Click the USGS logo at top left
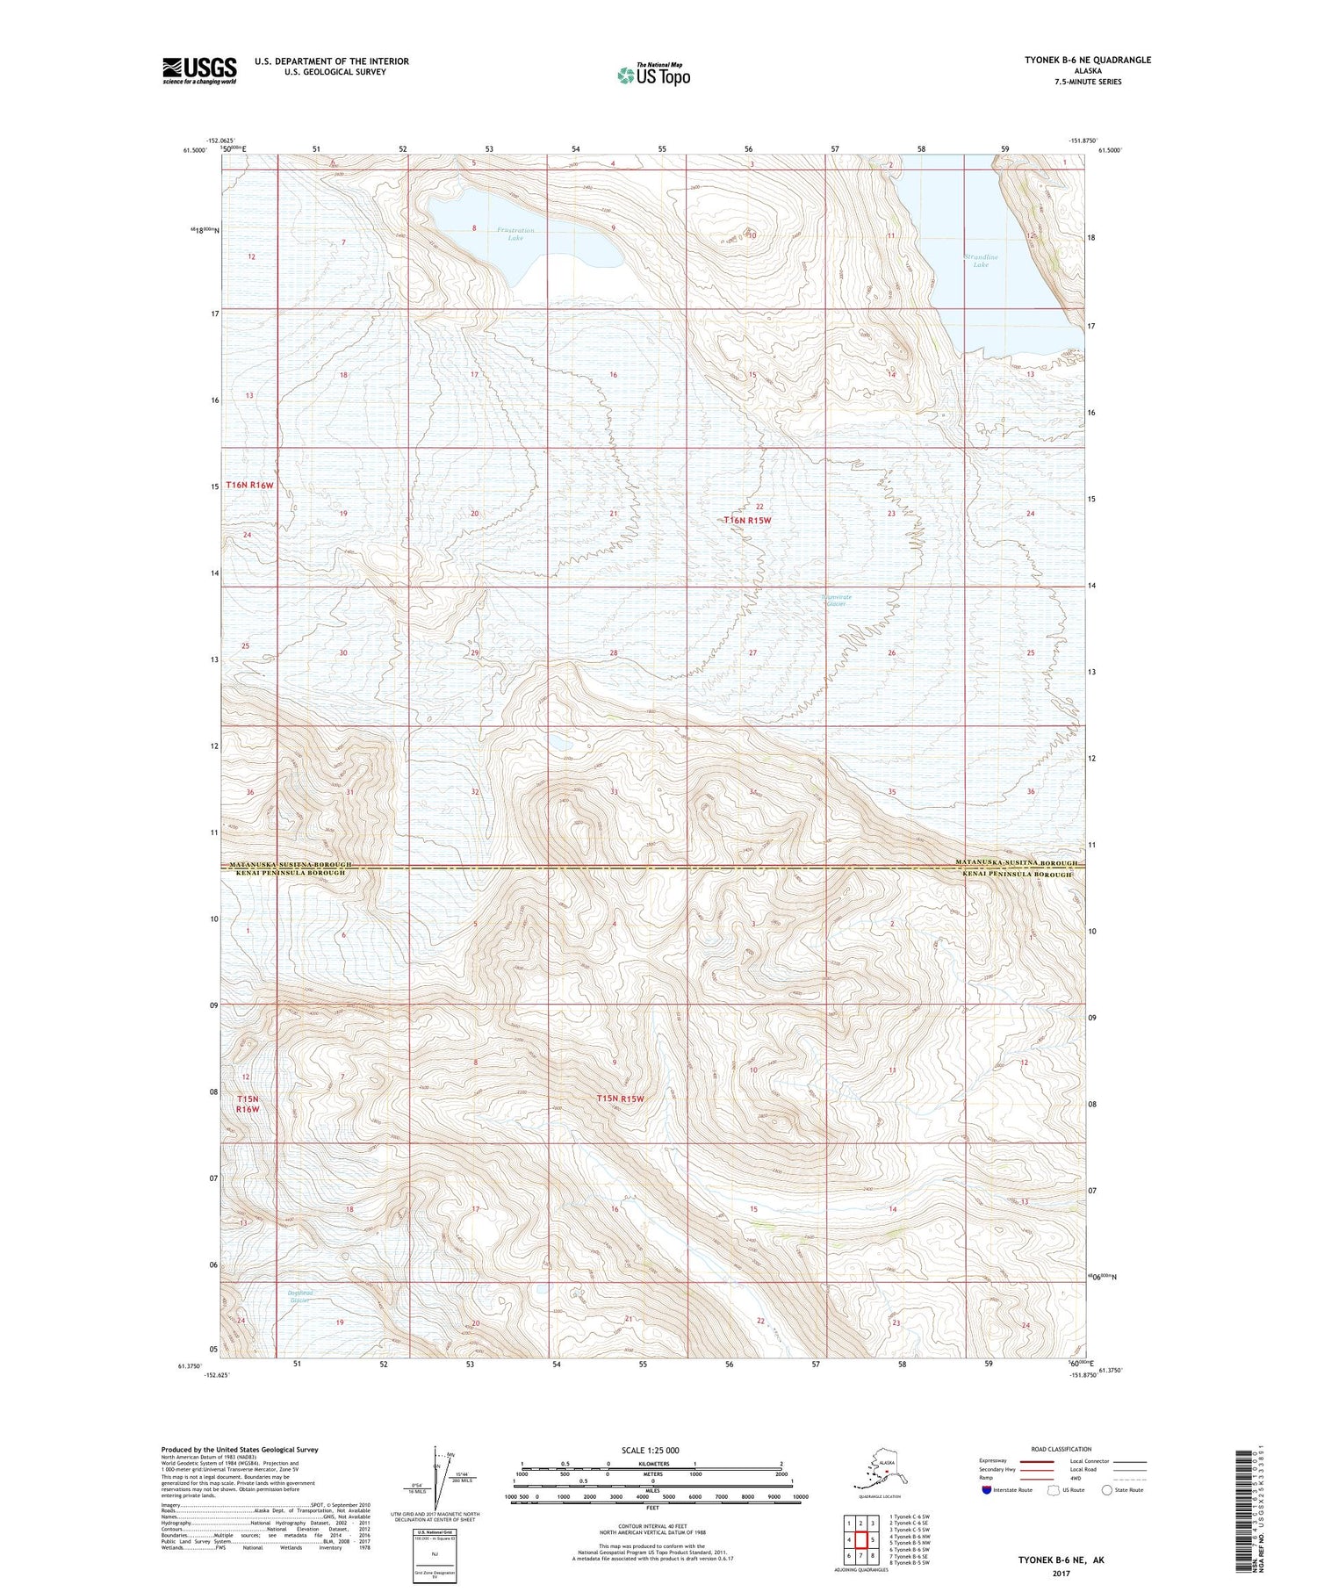199,70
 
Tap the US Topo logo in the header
654,75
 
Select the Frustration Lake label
515,234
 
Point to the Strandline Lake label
981,261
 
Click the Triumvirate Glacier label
836,601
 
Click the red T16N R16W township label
250,485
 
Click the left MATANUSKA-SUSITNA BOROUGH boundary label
290,865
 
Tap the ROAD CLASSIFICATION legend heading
1062,1450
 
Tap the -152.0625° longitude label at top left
219,140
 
